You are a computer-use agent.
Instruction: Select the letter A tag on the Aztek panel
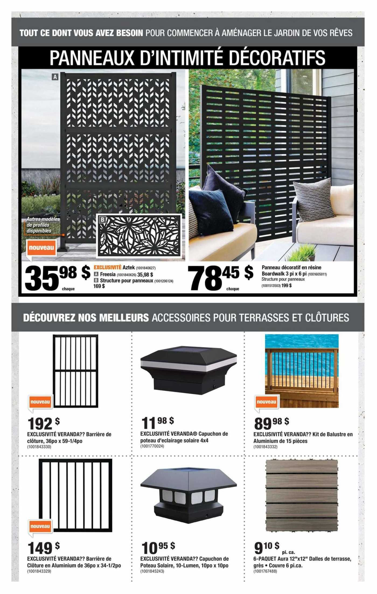[55, 77]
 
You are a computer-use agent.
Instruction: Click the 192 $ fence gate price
[43, 424]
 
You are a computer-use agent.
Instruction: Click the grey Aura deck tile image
[301, 496]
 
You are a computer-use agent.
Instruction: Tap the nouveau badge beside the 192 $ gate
[40, 402]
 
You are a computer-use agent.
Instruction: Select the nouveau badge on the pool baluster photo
[266, 402]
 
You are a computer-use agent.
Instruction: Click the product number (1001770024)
[152, 446]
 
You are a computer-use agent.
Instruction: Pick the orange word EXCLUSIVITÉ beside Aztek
[107, 268]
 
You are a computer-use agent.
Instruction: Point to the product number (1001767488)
[265, 571]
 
